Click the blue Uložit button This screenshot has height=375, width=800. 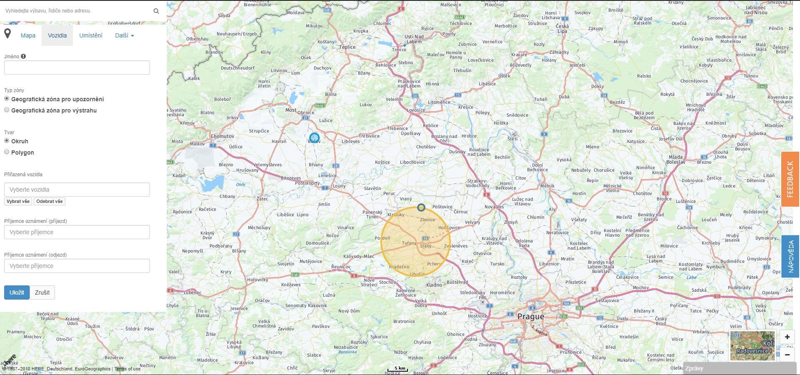(x=17, y=292)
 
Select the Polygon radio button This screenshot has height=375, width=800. (x=7, y=152)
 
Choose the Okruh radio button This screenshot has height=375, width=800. (x=7, y=141)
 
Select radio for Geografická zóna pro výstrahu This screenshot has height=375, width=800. (x=7, y=110)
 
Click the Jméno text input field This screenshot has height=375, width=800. (x=77, y=67)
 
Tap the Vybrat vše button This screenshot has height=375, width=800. (x=18, y=201)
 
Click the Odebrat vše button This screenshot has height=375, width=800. (x=49, y=201)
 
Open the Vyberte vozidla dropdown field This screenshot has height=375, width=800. (x=77, y=190)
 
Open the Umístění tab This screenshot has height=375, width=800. (x=91, y=35)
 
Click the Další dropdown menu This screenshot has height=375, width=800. (x=124, y=35)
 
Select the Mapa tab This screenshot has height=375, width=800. (x=28, y=35)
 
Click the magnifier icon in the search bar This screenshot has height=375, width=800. (x=156, y=11)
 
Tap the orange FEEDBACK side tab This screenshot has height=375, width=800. (x=790, y=179)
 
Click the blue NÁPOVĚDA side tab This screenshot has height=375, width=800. (x=790, y=256)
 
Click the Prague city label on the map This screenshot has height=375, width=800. (x=530, y=317)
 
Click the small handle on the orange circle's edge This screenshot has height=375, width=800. (x=421, y=207)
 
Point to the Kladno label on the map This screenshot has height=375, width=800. (x=434, y=285)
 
